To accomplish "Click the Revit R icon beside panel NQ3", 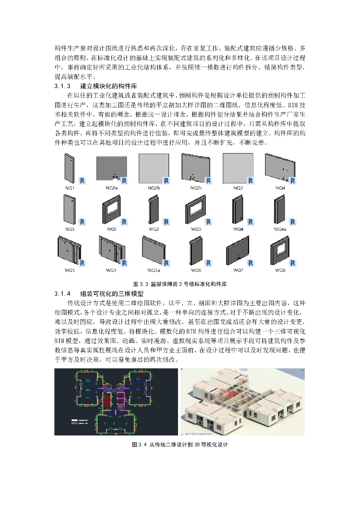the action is click(251, 180).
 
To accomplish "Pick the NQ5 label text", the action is click(70, 229).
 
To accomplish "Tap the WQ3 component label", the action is click(196, 229).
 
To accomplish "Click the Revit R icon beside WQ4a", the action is click(293, 222).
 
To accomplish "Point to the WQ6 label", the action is click(196, 270).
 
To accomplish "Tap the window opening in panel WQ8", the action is click(280, 247).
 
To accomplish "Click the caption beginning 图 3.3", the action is click(180, 284).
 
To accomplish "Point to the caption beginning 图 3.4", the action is click(180, 444).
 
